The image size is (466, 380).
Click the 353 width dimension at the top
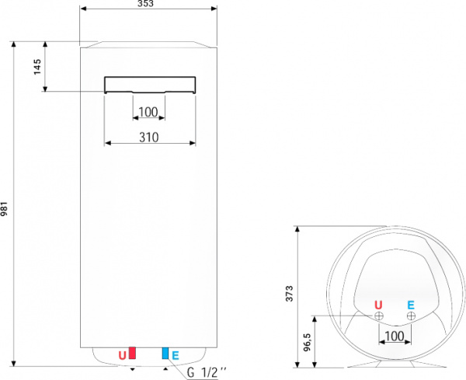point(147,4)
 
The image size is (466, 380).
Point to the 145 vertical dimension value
point(37,67)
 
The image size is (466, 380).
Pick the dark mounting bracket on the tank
point(150,84)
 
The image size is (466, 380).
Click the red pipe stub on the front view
point(132,354)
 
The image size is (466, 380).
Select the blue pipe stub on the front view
point(165,354)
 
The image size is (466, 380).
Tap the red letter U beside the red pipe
point(122,355)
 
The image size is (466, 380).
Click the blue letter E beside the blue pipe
point(176,355)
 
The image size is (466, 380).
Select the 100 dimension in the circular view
point(394,336)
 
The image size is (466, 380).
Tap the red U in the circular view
point(378,305)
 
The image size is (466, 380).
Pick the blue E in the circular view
point(411,305)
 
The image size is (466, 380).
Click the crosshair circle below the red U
point(378,316)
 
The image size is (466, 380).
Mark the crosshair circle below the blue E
point(410,316)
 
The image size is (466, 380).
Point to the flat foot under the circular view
point(395,364)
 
